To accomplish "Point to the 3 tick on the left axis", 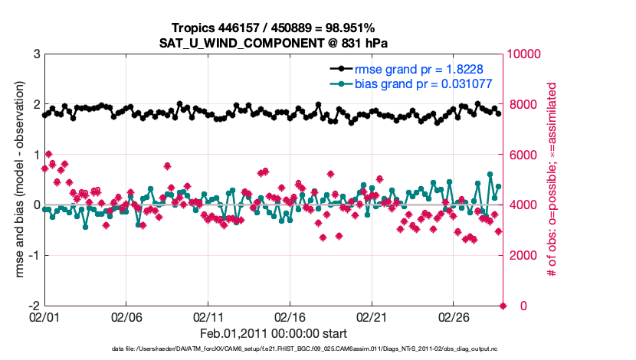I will (36, 54).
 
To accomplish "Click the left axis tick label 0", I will (36, 205).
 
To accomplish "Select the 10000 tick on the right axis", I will (526, 54).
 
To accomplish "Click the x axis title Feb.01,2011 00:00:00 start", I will (274, 333).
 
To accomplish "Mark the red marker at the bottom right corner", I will (503, 306).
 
